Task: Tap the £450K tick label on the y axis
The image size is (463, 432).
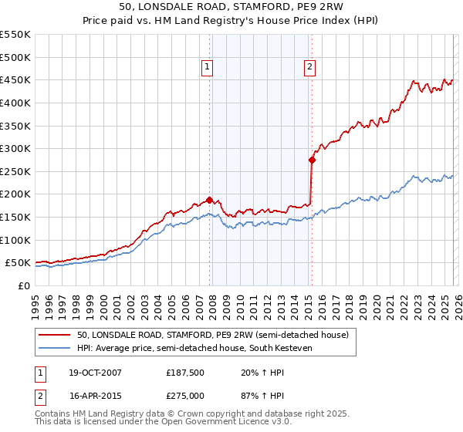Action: click(15, 79)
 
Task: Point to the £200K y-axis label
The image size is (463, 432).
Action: click(15, 194)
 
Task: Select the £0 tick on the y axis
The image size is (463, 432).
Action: click(25, 285)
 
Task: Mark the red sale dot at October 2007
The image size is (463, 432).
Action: click(209, 200)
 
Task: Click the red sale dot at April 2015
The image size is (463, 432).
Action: click(312, 160)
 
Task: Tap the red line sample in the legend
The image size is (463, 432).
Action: click(54, 335)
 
